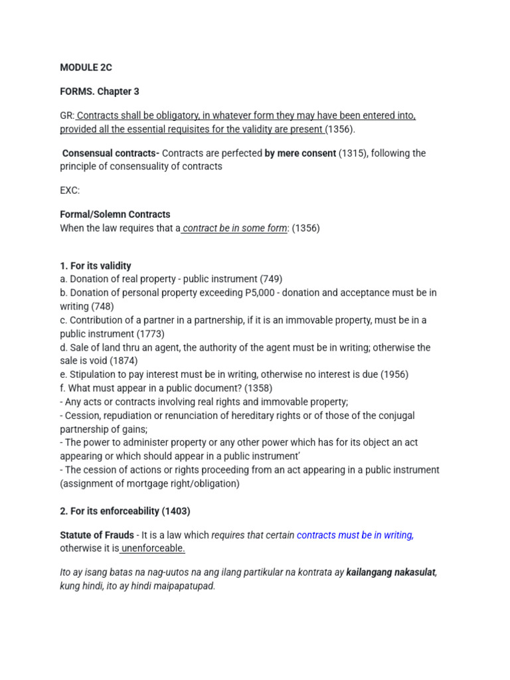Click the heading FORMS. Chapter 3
coord(100,92)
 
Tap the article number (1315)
coord(353,153)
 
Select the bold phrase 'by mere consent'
coord(300,153)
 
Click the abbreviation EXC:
coord(70,191)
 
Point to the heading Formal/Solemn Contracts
coord(115,214)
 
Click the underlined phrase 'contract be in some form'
coord(235,228)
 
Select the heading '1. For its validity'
coord(96,266)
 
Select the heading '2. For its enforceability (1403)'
coord(125,511)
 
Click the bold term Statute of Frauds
coord(97,535)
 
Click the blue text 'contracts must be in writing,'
coord(355,535)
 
